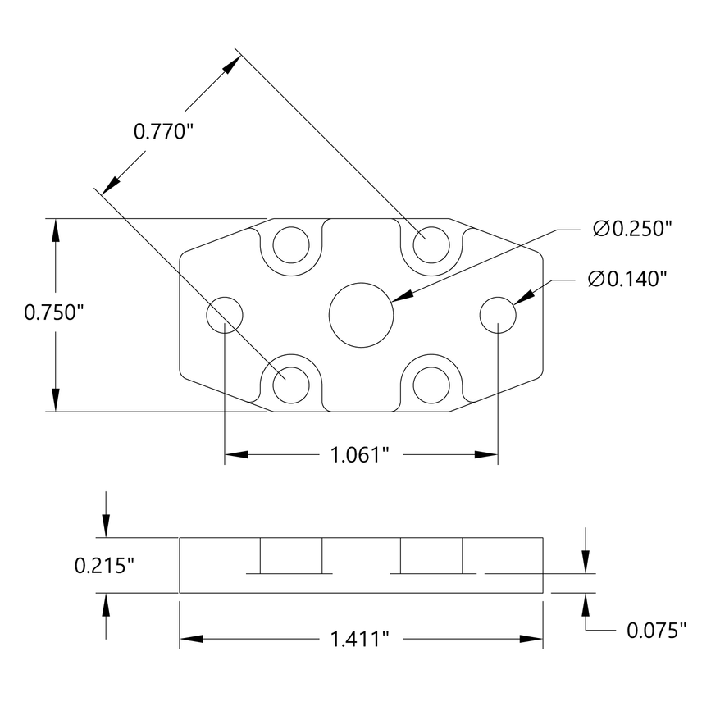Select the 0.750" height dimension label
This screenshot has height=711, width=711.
(x=55, y=312)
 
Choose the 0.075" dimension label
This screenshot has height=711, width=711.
(x=656, y=630)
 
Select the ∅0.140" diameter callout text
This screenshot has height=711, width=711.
(x=627, y=280)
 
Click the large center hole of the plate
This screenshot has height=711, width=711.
(x=361, y=315)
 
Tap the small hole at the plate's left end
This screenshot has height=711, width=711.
(x=225, y=315)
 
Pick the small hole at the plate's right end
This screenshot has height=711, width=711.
(x=498, y=315)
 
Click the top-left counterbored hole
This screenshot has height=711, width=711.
(x=290, y=244)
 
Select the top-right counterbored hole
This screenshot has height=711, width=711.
(x=431, y=244)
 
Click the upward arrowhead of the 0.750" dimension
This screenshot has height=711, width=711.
(x=56, y=230)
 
